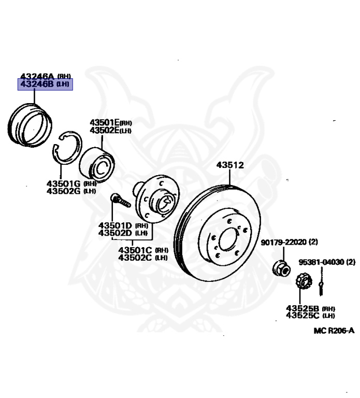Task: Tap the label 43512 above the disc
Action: [229, 165]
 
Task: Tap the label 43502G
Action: [63, 191]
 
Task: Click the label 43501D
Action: [116, 225]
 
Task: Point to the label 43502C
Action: [135, 257]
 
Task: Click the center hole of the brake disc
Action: [228, 239]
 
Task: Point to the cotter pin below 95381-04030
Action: [322, 283]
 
